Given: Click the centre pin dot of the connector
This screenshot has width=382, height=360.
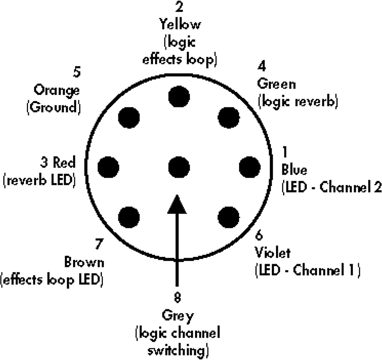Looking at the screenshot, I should (179, 167).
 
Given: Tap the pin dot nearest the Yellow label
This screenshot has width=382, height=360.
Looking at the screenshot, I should (179, 96).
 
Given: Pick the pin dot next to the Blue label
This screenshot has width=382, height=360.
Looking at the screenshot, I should (250, 167).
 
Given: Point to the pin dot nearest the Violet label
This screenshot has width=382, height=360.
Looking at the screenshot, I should (229, 216).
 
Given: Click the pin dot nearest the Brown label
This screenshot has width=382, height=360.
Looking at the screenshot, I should (129, 216).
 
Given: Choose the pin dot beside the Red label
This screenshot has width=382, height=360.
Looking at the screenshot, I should (109, 167).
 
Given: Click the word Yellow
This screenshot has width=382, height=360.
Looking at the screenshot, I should (180, 25).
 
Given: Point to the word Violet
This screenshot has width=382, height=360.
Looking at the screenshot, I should (272, 253).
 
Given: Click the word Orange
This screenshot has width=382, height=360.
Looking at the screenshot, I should (57, 90).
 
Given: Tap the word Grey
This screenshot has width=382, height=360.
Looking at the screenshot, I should (178, 316).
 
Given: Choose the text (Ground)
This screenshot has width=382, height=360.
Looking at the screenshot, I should (54, 107).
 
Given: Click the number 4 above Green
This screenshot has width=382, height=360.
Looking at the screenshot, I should (262, 66).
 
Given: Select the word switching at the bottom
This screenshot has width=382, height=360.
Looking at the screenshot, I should (178, 351).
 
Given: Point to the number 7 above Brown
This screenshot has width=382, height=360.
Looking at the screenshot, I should (99, 244).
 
